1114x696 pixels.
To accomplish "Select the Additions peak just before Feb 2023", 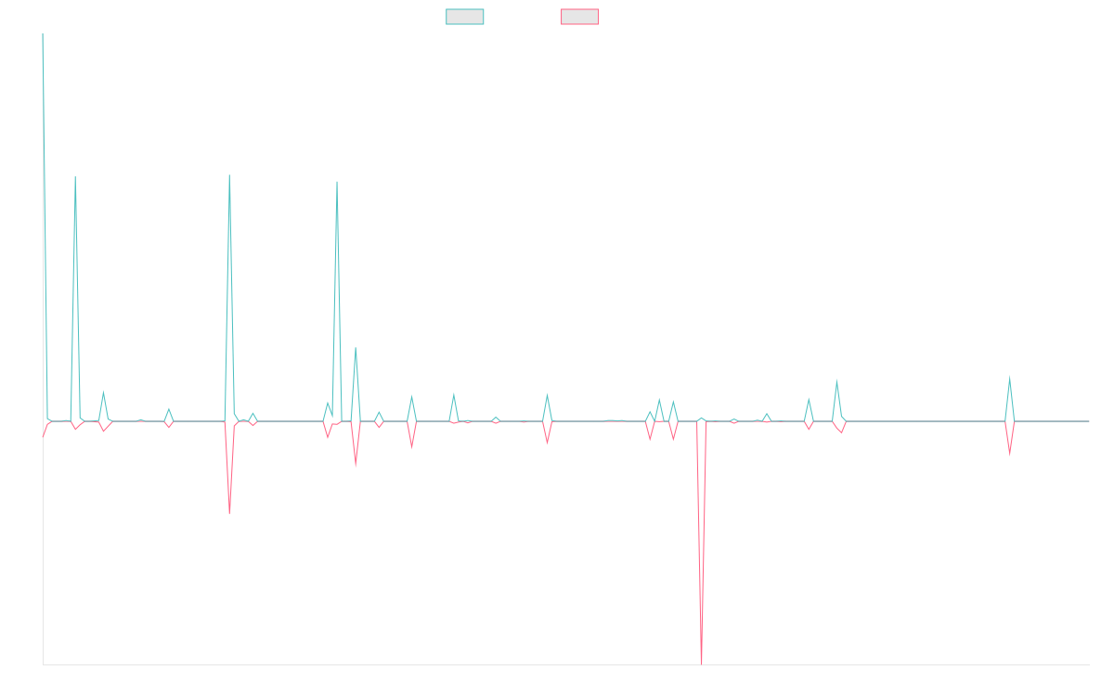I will click(337, 182).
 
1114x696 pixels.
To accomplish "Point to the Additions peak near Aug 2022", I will click(229, 175).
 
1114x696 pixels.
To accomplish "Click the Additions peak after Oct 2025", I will click(1009, 377).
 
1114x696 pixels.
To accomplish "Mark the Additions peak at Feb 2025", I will click(836, 381).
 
